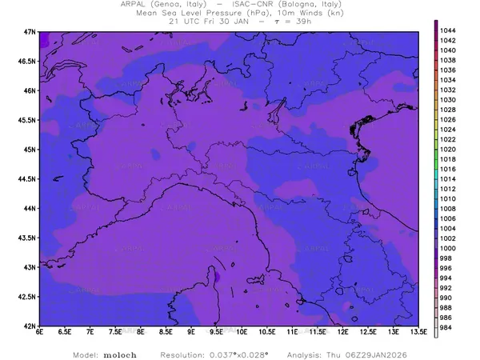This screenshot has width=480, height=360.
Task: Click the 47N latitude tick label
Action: pyautogui.click(x=30, y=31)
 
